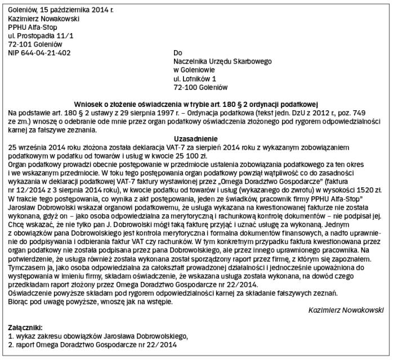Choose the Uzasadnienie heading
pos(196,138)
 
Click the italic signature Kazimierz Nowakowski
pos(346,309)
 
